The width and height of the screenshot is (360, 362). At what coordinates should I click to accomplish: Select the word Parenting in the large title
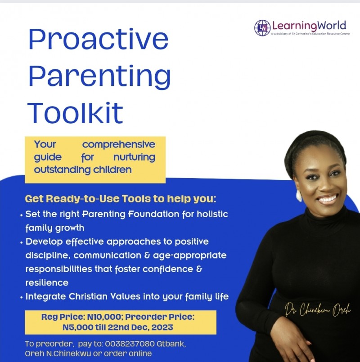click(99, 77)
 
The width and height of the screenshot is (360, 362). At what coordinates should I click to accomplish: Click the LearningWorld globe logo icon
click(262, 28)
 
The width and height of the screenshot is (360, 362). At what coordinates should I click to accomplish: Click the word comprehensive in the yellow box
click(118, 145)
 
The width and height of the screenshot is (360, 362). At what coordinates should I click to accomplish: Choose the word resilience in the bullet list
click(47, 283)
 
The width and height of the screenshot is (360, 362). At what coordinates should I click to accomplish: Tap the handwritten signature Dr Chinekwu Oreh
click(317, 311)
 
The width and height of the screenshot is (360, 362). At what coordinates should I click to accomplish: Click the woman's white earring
click(298, 195)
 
